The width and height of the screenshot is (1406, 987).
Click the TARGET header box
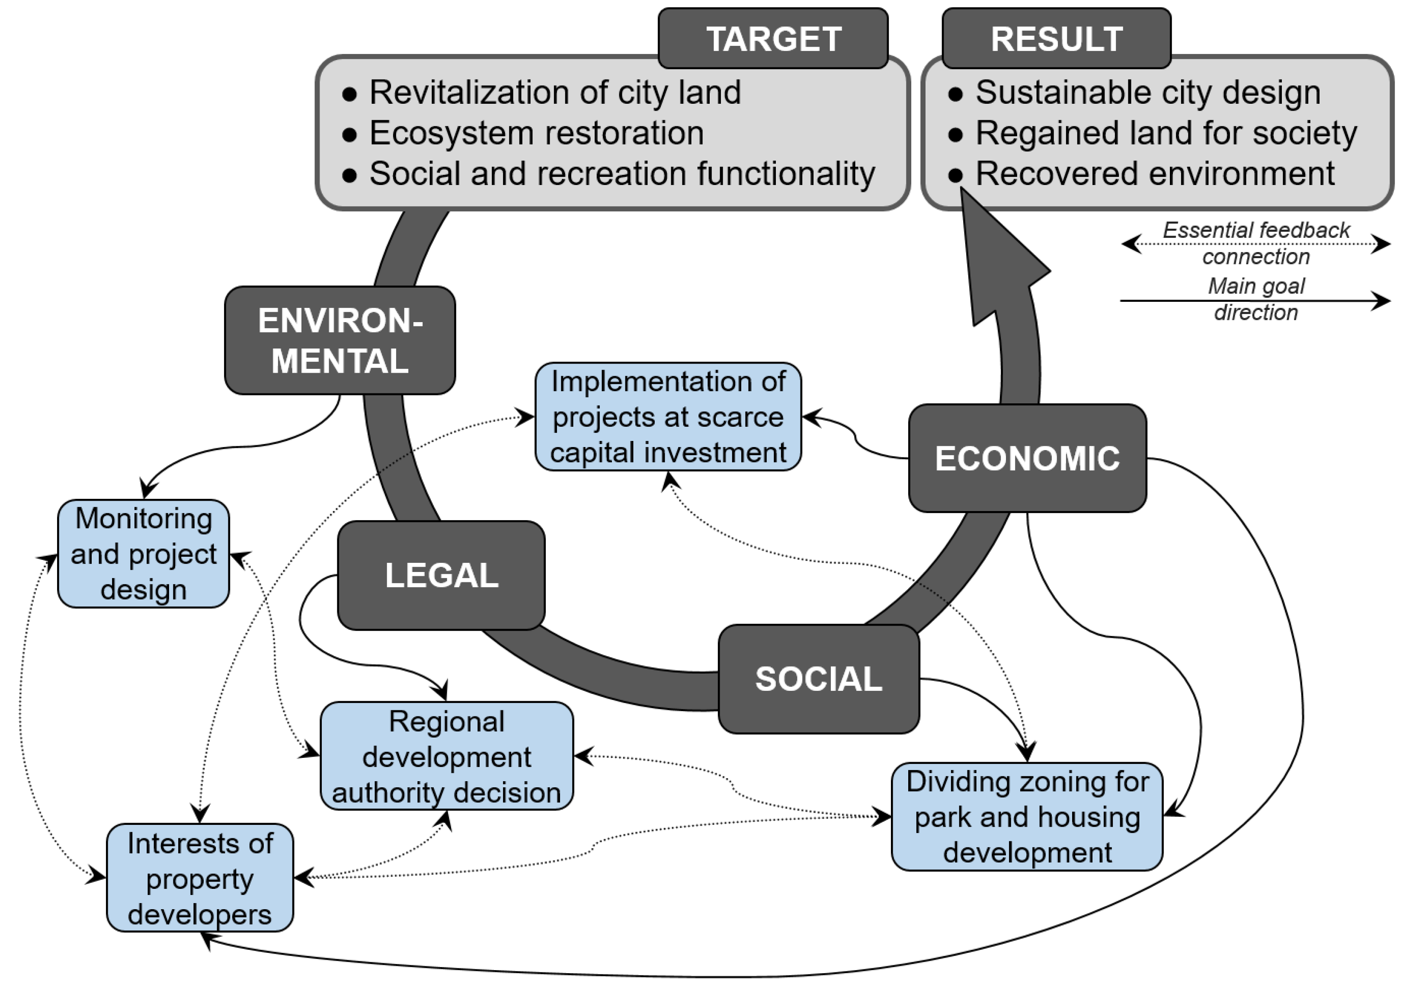click(x=773, y=38)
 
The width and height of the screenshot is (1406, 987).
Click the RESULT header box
click(x=1056, y=38)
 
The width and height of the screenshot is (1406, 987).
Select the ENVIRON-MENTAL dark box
click(x=340, y=340)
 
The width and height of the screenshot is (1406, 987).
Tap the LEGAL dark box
click(x=441, y=575)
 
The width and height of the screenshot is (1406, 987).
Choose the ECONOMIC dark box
click(x=1027, y=458)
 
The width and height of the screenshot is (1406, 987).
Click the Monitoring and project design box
click(x=143, y=553)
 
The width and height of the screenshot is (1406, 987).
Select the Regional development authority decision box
click(x=446, y=756)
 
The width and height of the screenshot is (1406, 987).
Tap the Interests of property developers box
click(x=200, y=878)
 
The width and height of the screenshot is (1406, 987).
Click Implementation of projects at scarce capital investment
click(x=668, y=417)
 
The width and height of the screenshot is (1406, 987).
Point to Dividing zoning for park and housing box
click(x=1027, y=817)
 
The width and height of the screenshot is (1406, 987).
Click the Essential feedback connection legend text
click(x=1255, y=243)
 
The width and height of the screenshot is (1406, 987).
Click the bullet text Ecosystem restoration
click(x=536, y=133)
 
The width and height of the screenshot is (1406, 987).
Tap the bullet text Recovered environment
click(x=1154, y=173)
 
